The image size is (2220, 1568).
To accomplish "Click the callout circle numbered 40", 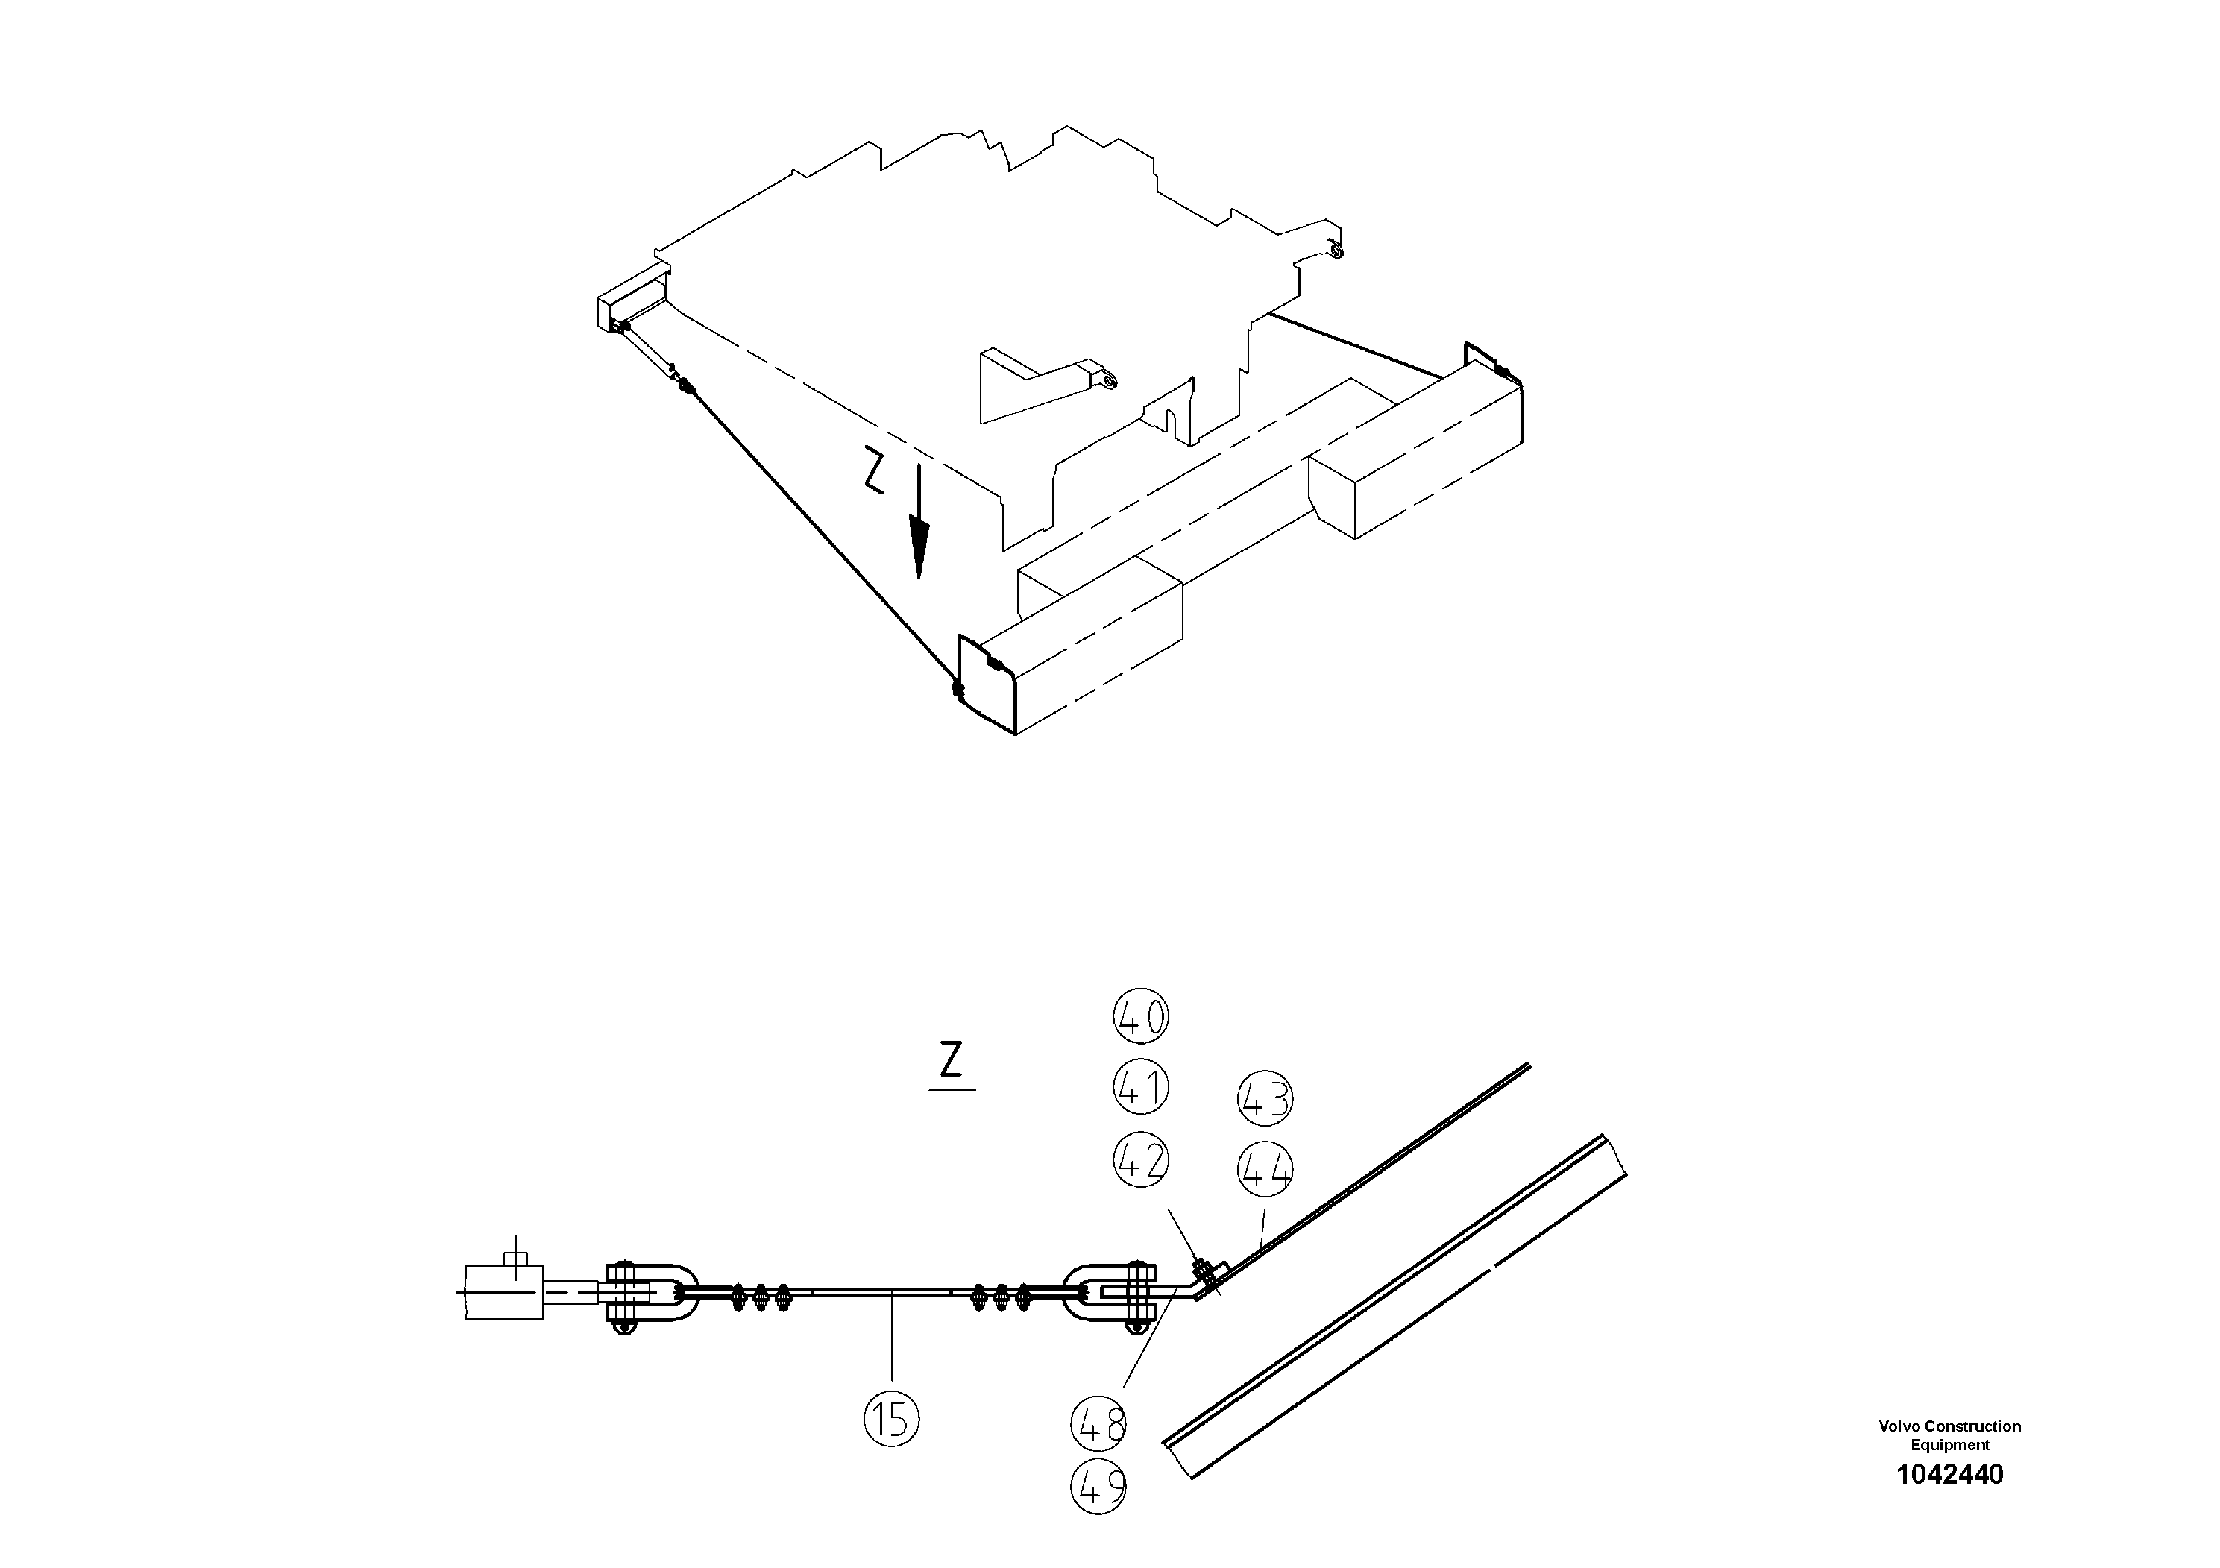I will click(x=1141, y=1017).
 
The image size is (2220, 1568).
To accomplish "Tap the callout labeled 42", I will click(x=1141, y=1160).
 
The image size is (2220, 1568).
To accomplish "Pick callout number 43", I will click(x=1265, y=1100).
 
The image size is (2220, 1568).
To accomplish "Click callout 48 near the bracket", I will click(x=1099, y=1424).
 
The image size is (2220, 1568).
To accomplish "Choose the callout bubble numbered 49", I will click(x=1099, y=1487).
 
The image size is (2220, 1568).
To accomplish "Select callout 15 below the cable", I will click(x=890, y=1419).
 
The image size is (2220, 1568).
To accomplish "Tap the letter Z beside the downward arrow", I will click(x=873, y=473).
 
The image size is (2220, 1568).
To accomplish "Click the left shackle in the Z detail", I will click(x=648, y=1291).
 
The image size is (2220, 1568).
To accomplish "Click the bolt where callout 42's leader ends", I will click(x=1203, y=1266).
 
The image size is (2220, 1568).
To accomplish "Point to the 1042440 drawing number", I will click(x=1949, y=1474).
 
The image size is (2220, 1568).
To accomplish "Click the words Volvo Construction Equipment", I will click(x=1949, y=1435).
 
